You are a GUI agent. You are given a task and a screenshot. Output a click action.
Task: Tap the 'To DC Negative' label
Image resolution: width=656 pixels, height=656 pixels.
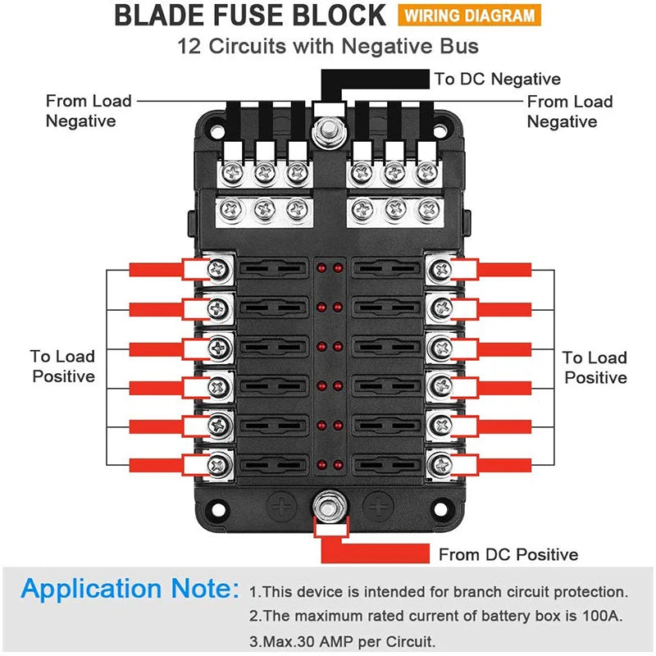tap(497, 79)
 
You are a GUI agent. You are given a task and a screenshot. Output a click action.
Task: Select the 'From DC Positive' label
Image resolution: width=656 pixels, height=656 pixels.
tap(508, 554)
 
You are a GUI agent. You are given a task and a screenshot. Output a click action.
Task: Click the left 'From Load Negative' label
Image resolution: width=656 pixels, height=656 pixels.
tap(88, 111)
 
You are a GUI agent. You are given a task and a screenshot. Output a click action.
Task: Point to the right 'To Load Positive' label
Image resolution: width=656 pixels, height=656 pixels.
tap(595, 367)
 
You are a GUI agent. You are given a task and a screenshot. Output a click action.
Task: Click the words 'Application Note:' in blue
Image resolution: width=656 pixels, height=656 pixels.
tap(130, 590)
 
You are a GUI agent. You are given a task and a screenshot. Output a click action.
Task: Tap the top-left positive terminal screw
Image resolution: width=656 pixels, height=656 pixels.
tap(220, 267)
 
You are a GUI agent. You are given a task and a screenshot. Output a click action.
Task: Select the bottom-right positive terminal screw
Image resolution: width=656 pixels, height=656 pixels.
tap(440, 465)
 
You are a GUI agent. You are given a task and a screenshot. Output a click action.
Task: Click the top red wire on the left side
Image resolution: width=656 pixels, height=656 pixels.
tap(156, 268)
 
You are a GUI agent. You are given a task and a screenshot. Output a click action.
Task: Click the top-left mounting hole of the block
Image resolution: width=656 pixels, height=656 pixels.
tap(214, 128)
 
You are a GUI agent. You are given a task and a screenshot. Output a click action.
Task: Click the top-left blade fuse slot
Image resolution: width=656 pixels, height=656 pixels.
tap(271, 267)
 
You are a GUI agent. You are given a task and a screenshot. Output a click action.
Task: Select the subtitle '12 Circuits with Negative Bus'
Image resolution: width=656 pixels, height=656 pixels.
tap(328, 46)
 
